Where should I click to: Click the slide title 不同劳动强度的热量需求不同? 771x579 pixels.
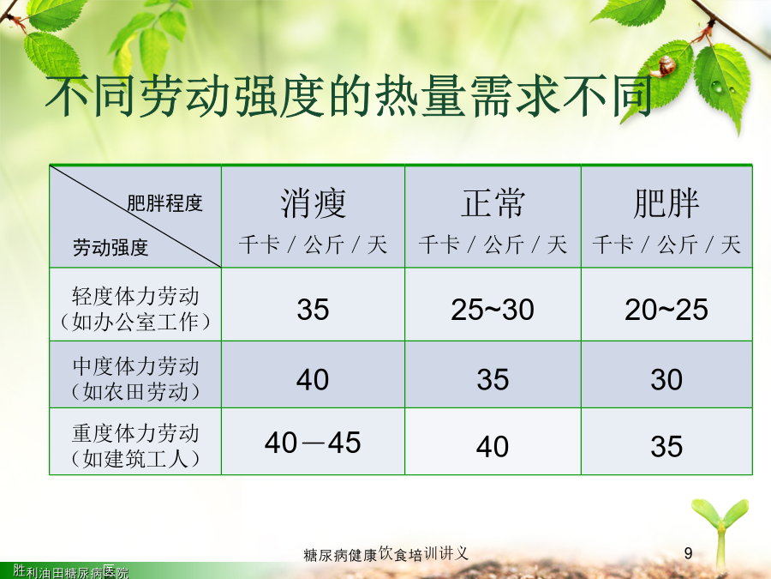(349, 96)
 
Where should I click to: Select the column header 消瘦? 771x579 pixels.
(314, 203)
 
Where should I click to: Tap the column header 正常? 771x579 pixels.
(493, 203)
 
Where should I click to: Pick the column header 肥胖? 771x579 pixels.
(666, 203)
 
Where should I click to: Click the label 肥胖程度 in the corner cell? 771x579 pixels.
(164, 202)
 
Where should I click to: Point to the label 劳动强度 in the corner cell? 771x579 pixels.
(111, 247)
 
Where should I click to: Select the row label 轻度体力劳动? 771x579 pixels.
(135, 297)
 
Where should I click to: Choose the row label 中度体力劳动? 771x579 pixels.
(135, 366)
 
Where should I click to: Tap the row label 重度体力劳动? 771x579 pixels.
(135, 433)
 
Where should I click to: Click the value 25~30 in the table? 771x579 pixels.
(493, 310)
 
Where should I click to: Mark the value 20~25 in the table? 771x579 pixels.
(666, 310)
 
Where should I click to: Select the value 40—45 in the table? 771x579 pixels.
(313, 442)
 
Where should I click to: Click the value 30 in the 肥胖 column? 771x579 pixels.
(666, 380)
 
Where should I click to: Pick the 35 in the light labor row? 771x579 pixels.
(313, 310)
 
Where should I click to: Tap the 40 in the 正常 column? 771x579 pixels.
(493, 447)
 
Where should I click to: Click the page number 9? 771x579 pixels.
(689, 553)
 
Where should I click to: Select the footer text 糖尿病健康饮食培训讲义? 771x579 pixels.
(386, 554)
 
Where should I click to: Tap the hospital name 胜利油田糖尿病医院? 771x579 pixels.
(71, 571)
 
